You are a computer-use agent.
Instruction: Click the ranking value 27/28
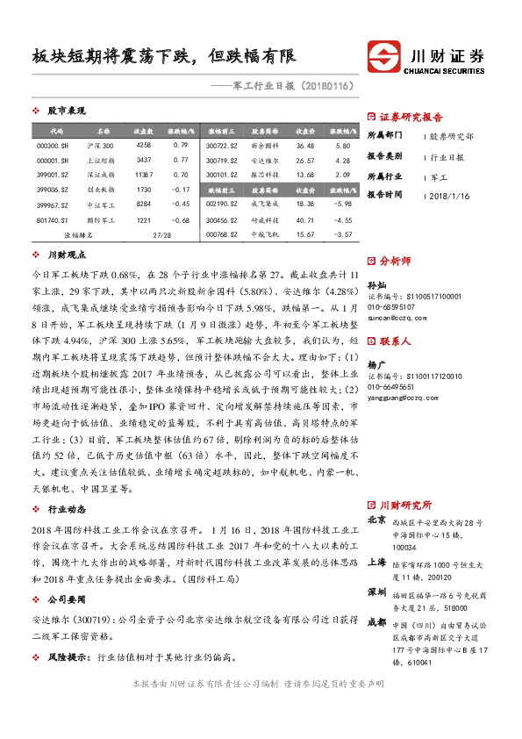[162, 235]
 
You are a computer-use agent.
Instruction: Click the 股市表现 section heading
[66, 111]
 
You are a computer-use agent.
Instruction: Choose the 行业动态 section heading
[66, 508]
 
